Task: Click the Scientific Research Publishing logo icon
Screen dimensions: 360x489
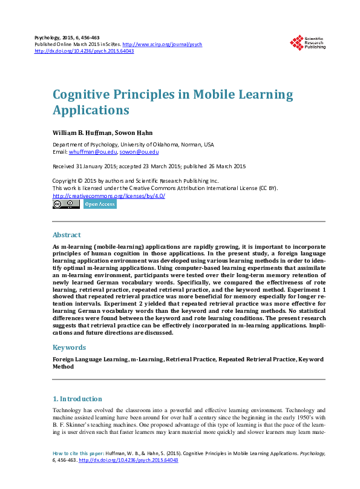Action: click(x=296, y=42)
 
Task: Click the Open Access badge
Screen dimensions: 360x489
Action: click(x=100, y=205)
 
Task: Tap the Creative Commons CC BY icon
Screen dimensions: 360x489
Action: click(x=66, y=205)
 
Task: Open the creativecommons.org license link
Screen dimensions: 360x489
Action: click(x=109, y=196)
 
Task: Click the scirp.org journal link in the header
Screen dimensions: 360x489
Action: click(x=162, y=45)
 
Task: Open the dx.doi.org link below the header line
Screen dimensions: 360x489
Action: click(x=84, y=51)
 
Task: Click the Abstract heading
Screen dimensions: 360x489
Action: click(x=67, y=235)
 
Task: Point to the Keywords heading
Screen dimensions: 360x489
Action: click(x=69, y=347)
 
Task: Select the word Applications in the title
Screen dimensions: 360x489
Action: click(x=91, y=111)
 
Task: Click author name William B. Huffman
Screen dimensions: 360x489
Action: click(x=81, y=132)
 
